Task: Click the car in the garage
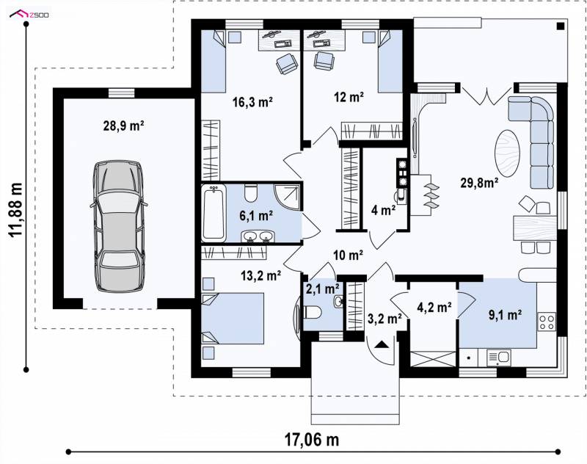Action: pyautogui.click(x=118, y=226)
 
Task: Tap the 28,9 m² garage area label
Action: pyautogui.click(x=124, y=126)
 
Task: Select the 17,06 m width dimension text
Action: pyautogui.click(x=312, y=440)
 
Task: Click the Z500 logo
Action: pyautogui.click(x=29, y=15)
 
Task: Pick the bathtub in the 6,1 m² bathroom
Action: pyautogui.click(x=214, y=213)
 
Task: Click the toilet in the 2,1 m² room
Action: pyautogui.click(x=313, y=312)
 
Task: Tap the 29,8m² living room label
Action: pyautogui.click(x=480, y=183)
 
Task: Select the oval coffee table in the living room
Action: pyautogui.click(x=508, y=153)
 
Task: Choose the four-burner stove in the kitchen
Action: pyautogui.click(x=547, y=322)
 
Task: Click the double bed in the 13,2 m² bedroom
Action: pyautogui.click(x=233, y=319)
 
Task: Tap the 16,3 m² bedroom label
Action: pyautogui.click(x=252, y=102)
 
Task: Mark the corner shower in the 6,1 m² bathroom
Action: pyautogui.click(x=287, y=197)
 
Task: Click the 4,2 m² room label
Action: pyautogui.click(x=434, y=308)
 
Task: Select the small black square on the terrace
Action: pyautogui.click(x=561, y=26)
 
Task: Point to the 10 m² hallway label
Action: pyautogui.click(x=348, y=255)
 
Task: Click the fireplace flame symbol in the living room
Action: pyautogui.click(x=431, y=195)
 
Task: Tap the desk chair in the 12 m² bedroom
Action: pyautogui.click(x=324, y=61)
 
